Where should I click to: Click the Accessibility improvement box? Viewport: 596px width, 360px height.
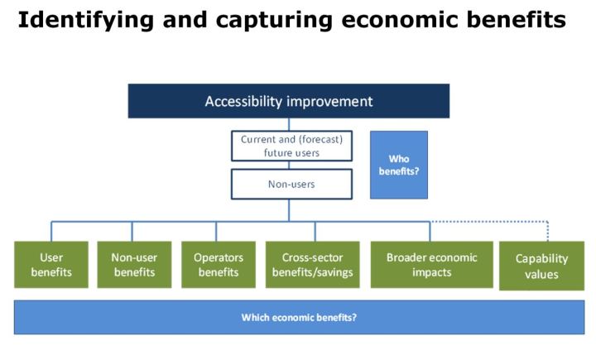289,101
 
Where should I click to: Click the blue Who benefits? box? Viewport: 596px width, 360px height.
399,164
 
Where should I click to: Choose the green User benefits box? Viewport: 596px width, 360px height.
51,264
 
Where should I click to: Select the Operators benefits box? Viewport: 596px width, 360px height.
217,264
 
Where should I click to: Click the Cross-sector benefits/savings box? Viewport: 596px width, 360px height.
312,264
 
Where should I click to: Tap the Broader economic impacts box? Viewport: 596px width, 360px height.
431,264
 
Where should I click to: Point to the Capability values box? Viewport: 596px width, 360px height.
542,266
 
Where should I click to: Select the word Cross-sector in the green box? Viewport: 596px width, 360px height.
312,257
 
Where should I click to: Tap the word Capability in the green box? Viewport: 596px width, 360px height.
542,259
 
